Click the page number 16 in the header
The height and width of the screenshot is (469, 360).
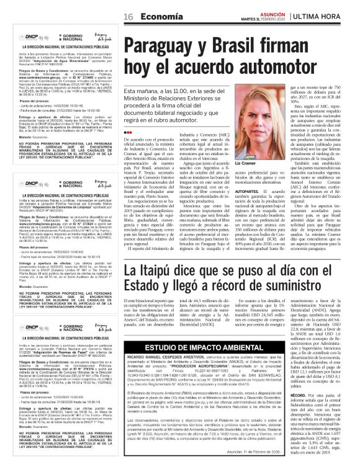click(129, 16)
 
